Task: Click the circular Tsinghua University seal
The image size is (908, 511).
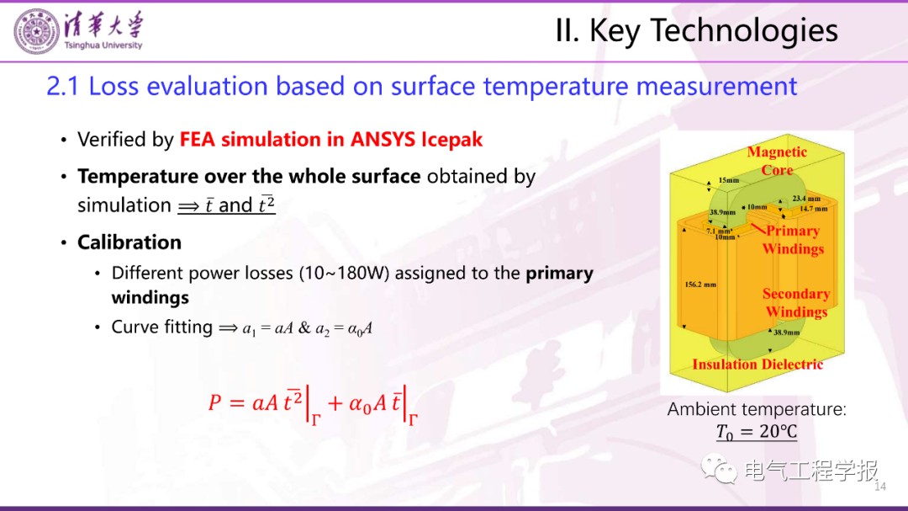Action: click(36, 32)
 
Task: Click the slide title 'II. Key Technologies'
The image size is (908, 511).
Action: click(697, 30)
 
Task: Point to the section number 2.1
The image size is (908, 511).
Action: click(63, 87)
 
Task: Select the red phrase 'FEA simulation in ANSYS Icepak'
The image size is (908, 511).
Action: click(330, 139)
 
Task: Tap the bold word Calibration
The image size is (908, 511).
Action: click(129, 242)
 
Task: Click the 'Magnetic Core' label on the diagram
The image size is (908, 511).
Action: click(777, 161)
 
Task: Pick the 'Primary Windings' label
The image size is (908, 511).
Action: click(793, 240)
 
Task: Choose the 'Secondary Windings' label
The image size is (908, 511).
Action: click(796, 303)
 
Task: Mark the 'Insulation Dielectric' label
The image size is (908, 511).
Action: click(758, 365)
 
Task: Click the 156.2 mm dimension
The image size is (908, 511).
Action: click(700, 285)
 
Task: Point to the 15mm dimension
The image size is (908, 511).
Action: click(728, 180)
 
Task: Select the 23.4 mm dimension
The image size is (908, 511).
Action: click(806, 199)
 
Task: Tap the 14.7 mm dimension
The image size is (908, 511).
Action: click(814, 208)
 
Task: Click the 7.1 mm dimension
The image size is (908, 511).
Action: click(719, 231)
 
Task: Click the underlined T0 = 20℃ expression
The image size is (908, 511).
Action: click(757, 432)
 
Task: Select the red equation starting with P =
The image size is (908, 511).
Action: click(313, 404)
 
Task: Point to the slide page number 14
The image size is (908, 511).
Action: click(880, 487)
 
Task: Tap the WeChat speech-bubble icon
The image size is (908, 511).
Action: click(719, 469)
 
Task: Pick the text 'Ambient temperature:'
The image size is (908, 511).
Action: click(757, 409)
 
